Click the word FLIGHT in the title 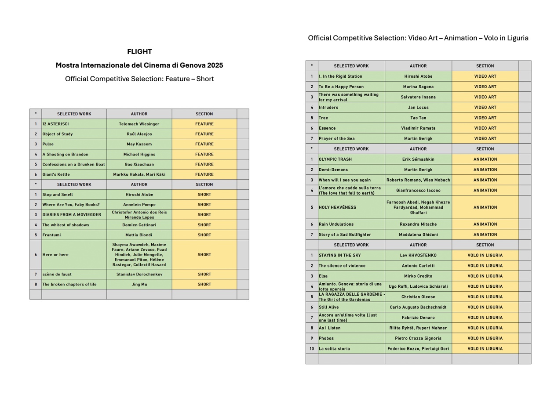(x=139, y=51)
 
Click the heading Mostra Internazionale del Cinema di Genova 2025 (x=139, y=65)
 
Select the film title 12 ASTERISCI (x=56, y=124)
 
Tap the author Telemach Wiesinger (x=139, y=124)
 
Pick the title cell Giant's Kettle (x=56, y=174)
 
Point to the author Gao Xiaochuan (x=139, y=164)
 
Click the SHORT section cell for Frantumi (x=204, y=235)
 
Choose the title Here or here (x=55, y=255)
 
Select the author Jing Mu (x=139, y=284)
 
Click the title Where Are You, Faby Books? (x=71, y=205)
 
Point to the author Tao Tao (x=418, y=118)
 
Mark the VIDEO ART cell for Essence (x=485, y=128)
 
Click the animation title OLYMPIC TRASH (x=335, y=159)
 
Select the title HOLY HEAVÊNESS (x=337, y=207)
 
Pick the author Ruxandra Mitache (x=418, y=224)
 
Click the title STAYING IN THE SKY (x=339, y=255)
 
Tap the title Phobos (x=326, y=338)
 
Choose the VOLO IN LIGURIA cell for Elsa (x=485, y=276)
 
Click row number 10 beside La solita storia (x=312, y=349)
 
